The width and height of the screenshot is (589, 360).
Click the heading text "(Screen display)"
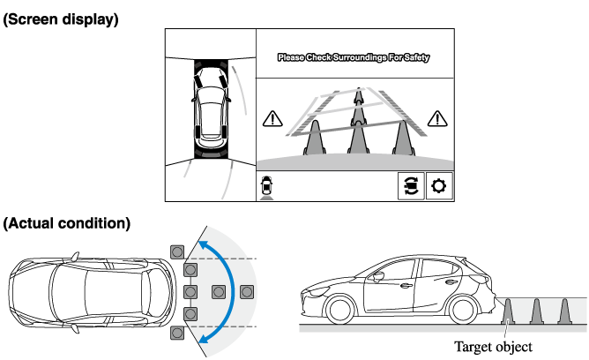pyautogui.click(x=61, y=19)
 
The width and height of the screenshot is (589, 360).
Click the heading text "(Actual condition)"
pyautogui.click(x=67, y=223)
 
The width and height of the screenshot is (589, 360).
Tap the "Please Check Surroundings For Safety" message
pyautogui.click(x=354, y=58)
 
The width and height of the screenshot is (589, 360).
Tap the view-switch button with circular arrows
pyautogui.click(x=409, y=186)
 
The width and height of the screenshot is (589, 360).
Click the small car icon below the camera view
pyautogui.click(x=266, y=186)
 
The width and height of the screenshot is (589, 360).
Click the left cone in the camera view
pyautogui.click(x=315, y=138)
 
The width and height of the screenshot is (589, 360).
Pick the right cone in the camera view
pyautogui.click(x=403, y=138)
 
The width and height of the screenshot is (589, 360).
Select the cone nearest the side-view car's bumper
pyautogui.click(x=509, y=311)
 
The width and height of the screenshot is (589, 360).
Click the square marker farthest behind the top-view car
pyautogui.click(x=246, y=292)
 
